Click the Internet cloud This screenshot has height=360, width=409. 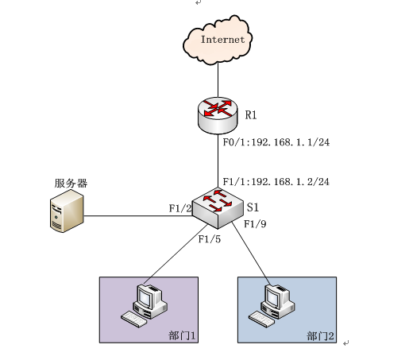[218, 40]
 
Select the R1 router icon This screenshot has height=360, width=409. [218, 115]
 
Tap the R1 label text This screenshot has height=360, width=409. [251, 115]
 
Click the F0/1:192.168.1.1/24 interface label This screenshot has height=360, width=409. [276, 142]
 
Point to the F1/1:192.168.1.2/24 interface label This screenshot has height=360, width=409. [276, 182]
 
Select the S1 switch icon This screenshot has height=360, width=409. [218, 208]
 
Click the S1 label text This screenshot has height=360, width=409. [253, 207]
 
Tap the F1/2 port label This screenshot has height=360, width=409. [180, 208]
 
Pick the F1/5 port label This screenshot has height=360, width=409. [210, 239]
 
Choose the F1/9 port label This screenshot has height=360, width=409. [255, 224]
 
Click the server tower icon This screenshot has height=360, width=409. [67, 211]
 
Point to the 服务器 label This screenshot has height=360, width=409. [71, 183]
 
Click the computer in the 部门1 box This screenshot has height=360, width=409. [145, 305]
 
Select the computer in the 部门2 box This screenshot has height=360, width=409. [272, 305]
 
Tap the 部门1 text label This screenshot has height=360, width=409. [182, 335]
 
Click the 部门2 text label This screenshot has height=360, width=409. [320, 336]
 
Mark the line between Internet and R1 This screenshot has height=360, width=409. [218, 80]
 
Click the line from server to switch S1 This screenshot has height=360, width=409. [138, 216]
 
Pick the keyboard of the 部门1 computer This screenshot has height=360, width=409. [133, 319]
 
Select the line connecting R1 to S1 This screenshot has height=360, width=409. [218, 161]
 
